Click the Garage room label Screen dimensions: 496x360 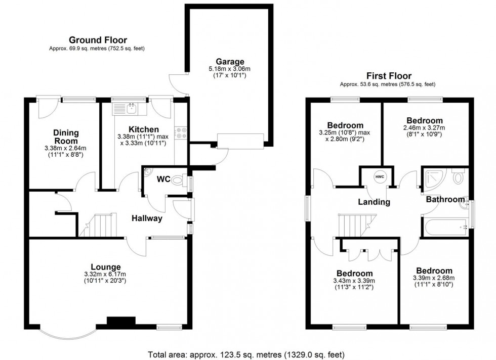click(x=230, y=62)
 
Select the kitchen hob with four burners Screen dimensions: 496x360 click(x=181, y=132)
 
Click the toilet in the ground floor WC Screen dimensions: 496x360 click(x=178, y=180)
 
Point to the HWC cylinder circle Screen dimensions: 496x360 click(x=380, y=176)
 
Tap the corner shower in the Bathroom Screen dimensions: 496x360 click(x=435, y=178)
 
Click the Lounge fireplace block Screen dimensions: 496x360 click(x=121, y=321)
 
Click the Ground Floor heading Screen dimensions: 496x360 click(x=98, y=40)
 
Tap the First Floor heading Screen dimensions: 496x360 click(x=389, y=76)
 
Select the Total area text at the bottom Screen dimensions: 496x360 click(x=246, y=354)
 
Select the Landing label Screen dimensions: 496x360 click(x=374, y=202)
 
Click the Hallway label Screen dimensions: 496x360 click(x=147, y=218)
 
